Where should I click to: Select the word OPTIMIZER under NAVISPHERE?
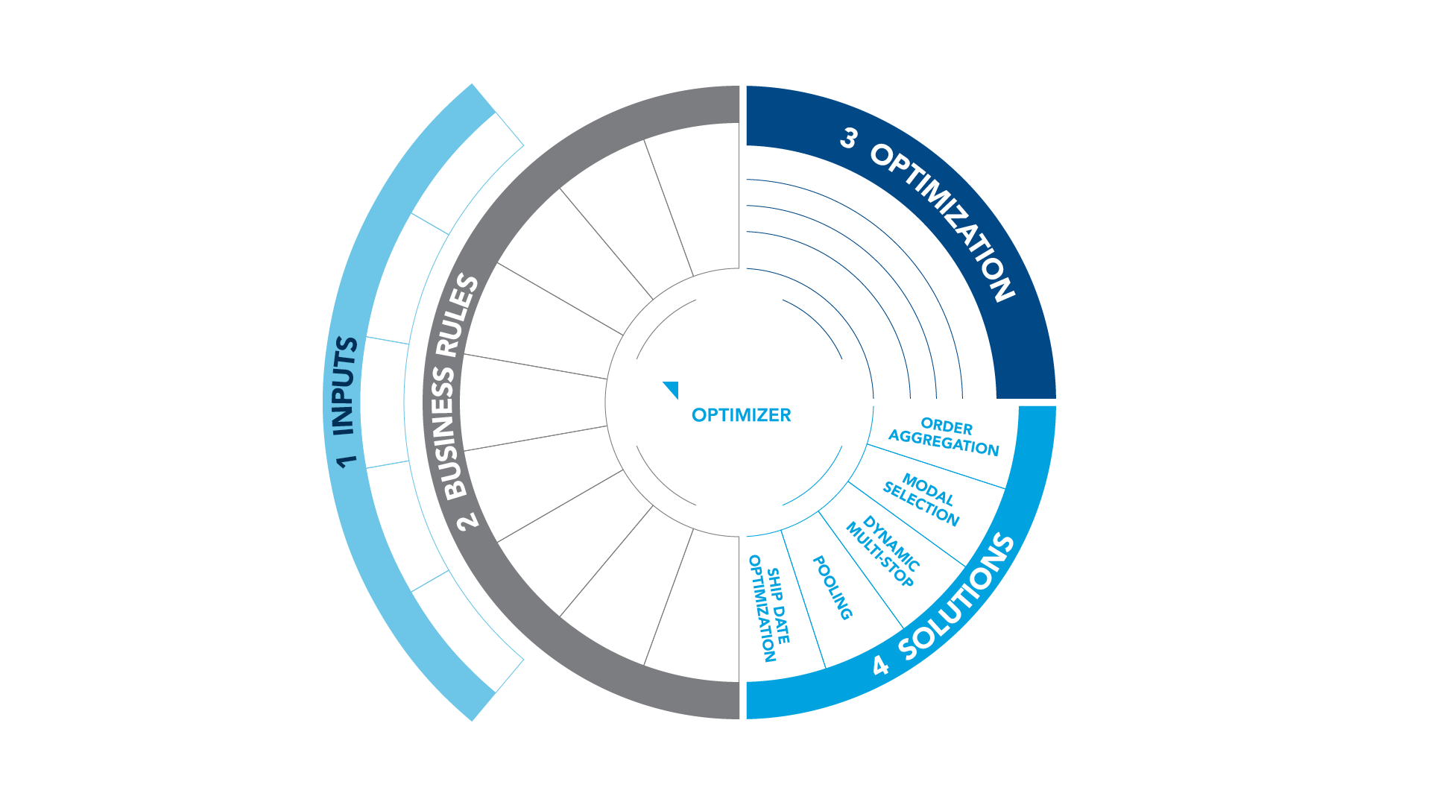741,416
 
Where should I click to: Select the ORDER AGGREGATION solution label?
944,437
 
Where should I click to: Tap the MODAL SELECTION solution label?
921,499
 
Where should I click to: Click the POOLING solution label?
832,587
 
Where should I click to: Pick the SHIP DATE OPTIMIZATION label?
769,608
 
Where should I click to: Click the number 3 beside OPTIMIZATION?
849,138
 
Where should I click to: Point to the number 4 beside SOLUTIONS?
881,664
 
